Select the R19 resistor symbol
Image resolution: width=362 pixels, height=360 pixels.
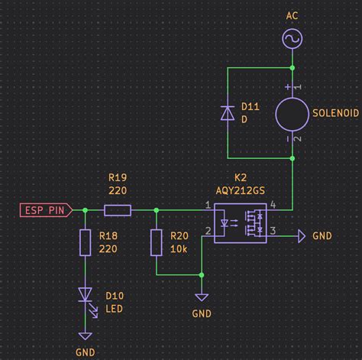pyautogui.click(x=118, y=209)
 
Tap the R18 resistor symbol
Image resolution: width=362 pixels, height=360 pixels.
pyautogui.click(x=86, y=243)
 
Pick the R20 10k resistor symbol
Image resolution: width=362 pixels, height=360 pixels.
pyautogui.click(x=156, y=243)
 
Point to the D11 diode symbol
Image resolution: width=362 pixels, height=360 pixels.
pyautogui.click(x=228, y=112)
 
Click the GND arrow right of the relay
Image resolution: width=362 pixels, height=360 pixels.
pyautogui.click(x=299, y=236)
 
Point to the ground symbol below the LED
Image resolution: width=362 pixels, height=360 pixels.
pyautogui.click(x=86, y=336)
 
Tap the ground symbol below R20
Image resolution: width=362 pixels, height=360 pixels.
pyautogui.click(x=202, y=297)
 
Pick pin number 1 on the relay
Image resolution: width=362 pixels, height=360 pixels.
pyautogui.click(x=208, y=205)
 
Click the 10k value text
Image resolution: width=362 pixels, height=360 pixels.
pyautogui.click(x=180, y=250)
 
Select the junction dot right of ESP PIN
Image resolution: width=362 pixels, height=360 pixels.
pyautogui.click(x=86, y=209)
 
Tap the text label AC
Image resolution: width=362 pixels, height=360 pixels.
pyautogui.click(x=292, y=15)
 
